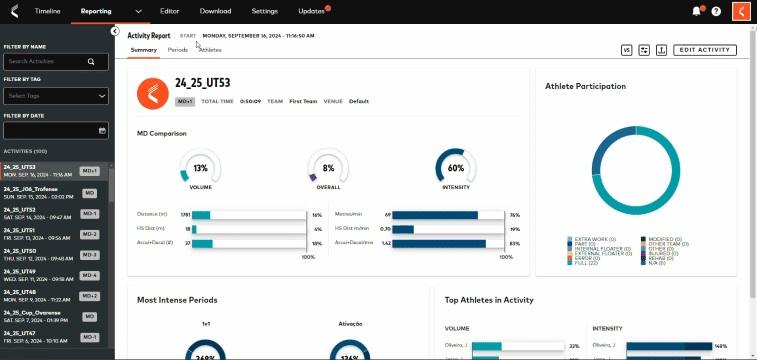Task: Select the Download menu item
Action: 215,10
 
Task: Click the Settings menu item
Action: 265,10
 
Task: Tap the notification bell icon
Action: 697,11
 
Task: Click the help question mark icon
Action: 716,11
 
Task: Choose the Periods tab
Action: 178,49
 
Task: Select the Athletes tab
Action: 210,49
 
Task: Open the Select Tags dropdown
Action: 56,96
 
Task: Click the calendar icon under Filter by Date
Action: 102,130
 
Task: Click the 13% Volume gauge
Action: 201,167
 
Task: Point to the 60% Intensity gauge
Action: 456,167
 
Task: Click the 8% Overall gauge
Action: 328,167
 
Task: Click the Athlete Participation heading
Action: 585,87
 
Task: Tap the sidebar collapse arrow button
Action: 116,32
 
